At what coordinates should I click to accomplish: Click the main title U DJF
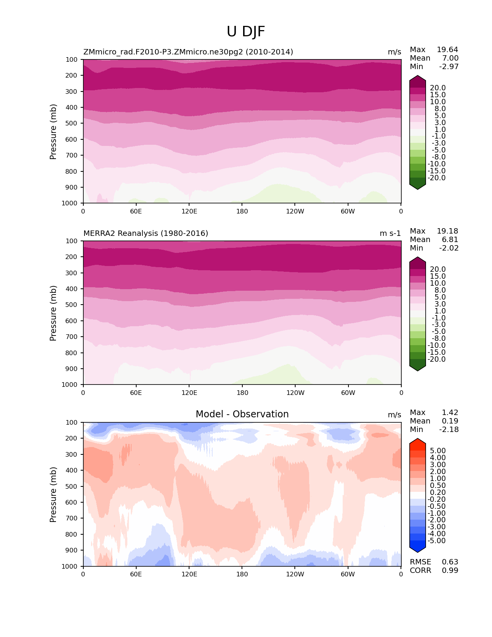pyautogui.click(x=246, y=32)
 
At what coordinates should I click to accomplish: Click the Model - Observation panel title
pyautogui.click(x=242, y=414)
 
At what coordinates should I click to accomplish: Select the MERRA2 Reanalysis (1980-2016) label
pyautogui.click(x=146, y=233)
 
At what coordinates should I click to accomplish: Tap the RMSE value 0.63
pyautogui.click(x=450, y=562)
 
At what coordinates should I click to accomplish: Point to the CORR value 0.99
pyautogui.click(x=450, y=570)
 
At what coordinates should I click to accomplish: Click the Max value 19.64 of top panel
pyautogui.click(x=447, y=49)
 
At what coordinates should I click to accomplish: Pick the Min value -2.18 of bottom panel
pyautogui.click(x=449, y=429)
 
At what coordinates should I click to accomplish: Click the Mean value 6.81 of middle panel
pyautogui.click(x=450, y=239)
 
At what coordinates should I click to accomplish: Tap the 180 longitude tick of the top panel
pyautogui.click(x=242, y=211)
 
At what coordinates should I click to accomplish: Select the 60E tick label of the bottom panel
pyautogui.click(x=136, y=574)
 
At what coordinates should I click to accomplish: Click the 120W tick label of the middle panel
pyautogui.click(x=295, y=393)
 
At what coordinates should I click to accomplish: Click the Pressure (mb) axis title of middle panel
pyautogui.click(x=53, y=313)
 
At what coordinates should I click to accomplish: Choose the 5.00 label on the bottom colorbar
pyautogui.click(x=438, y=451)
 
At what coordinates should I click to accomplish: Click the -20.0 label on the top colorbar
pyautogui.click(x=438, y=178)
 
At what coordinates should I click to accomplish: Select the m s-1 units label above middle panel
pyautogui.click(x=390, y=233)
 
